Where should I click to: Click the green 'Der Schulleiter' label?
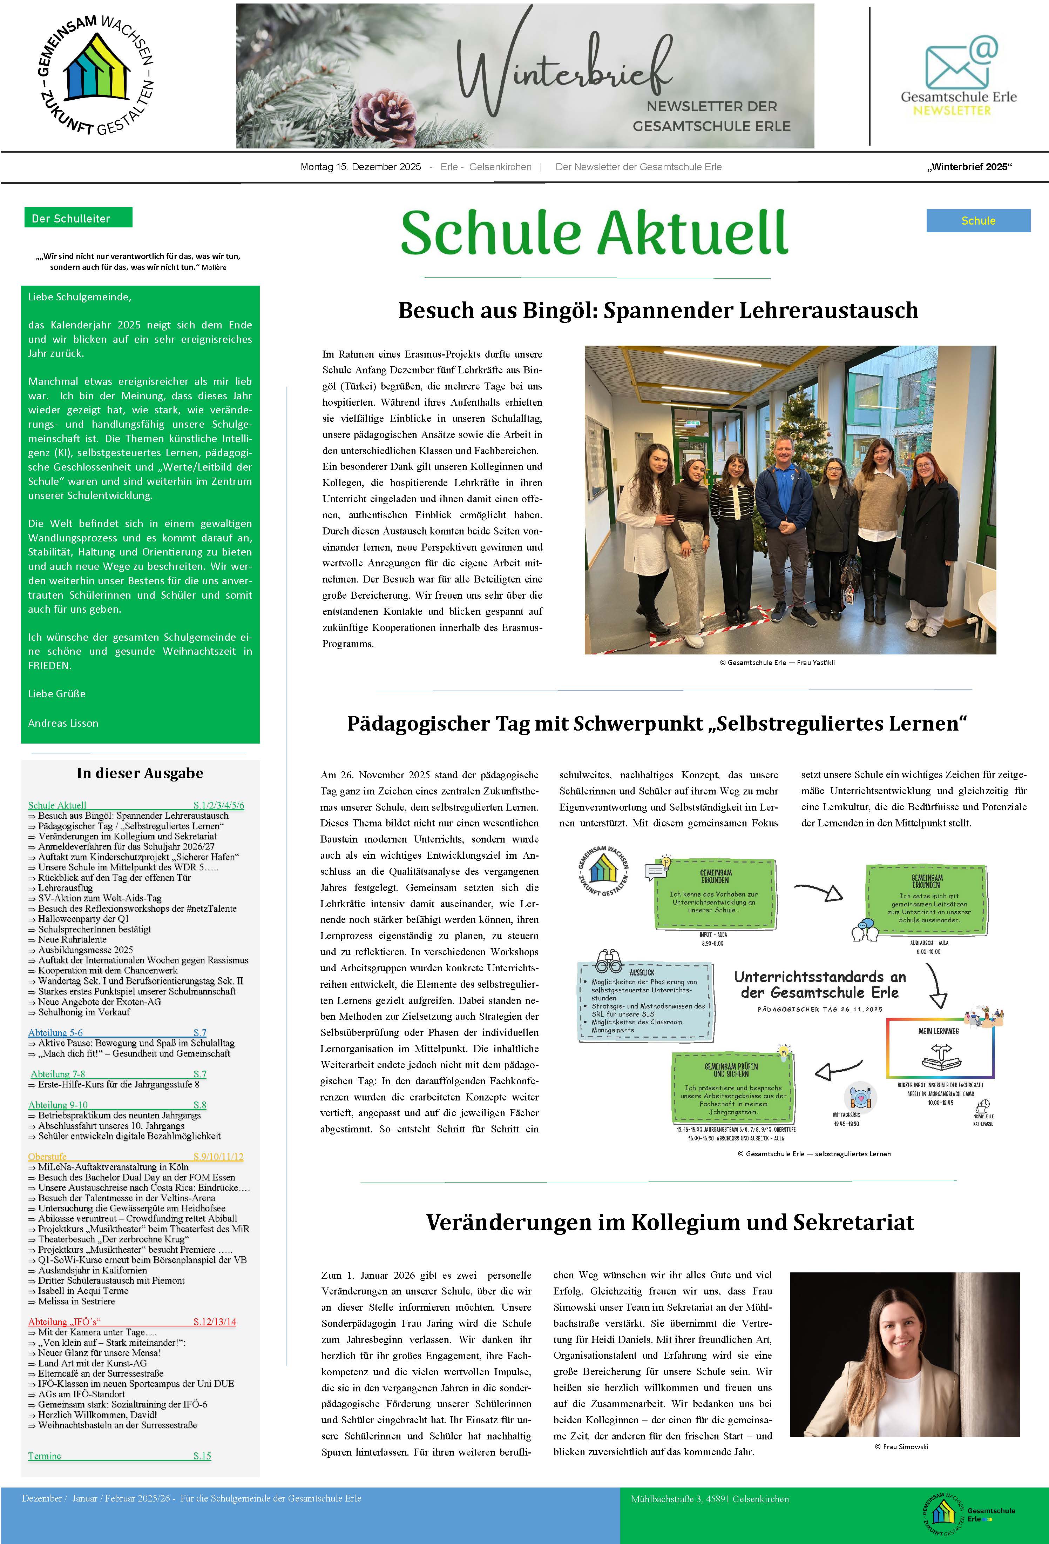pos(78,218)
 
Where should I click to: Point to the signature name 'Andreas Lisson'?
pos(63,723)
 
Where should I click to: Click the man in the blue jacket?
pos(784,505)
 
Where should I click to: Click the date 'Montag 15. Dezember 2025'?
pos(360,167)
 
